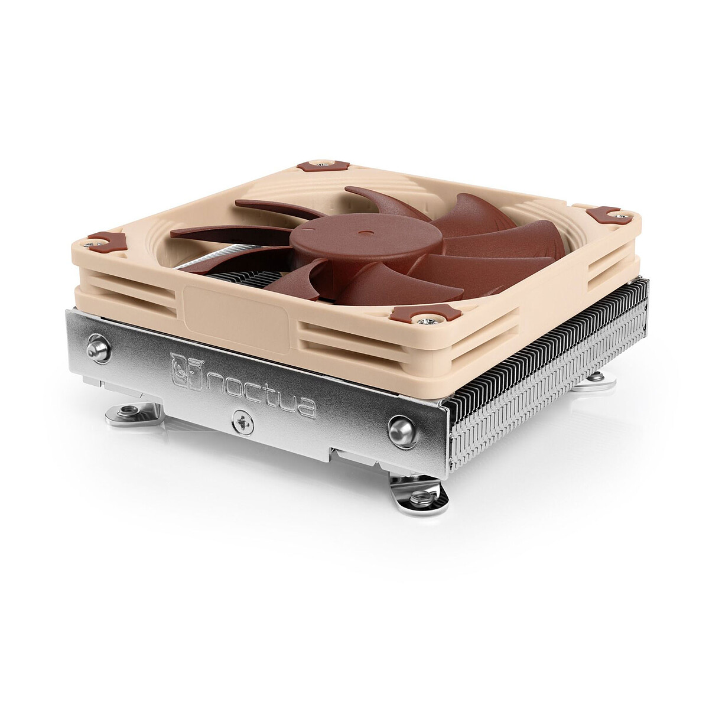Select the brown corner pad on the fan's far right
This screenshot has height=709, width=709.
[x=603, y=214]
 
